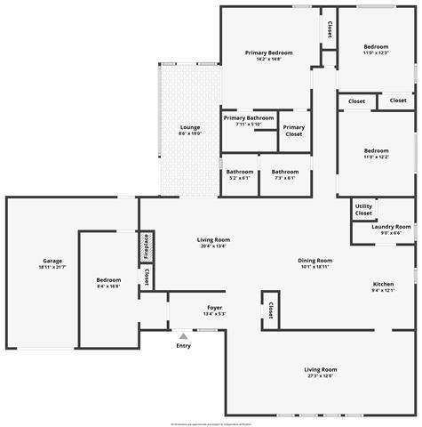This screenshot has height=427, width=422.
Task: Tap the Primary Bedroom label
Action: (268, 53)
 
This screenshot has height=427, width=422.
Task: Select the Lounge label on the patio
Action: (190, 127)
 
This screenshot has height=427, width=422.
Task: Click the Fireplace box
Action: (146, 246)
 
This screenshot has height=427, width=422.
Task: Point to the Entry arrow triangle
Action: (183, 336)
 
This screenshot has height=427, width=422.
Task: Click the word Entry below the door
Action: (183, 346)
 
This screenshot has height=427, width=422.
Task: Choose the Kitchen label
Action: (382, 285)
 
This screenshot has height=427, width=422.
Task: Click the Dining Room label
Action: (316, 261)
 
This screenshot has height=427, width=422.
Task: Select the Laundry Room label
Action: (391, 227)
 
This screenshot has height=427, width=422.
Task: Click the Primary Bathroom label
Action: (248, 118)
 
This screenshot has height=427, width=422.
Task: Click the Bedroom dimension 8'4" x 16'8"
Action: (108, 286)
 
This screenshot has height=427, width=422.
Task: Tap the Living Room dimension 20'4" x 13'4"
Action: (213, 246)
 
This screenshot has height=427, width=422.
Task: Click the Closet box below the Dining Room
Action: (269, 310)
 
